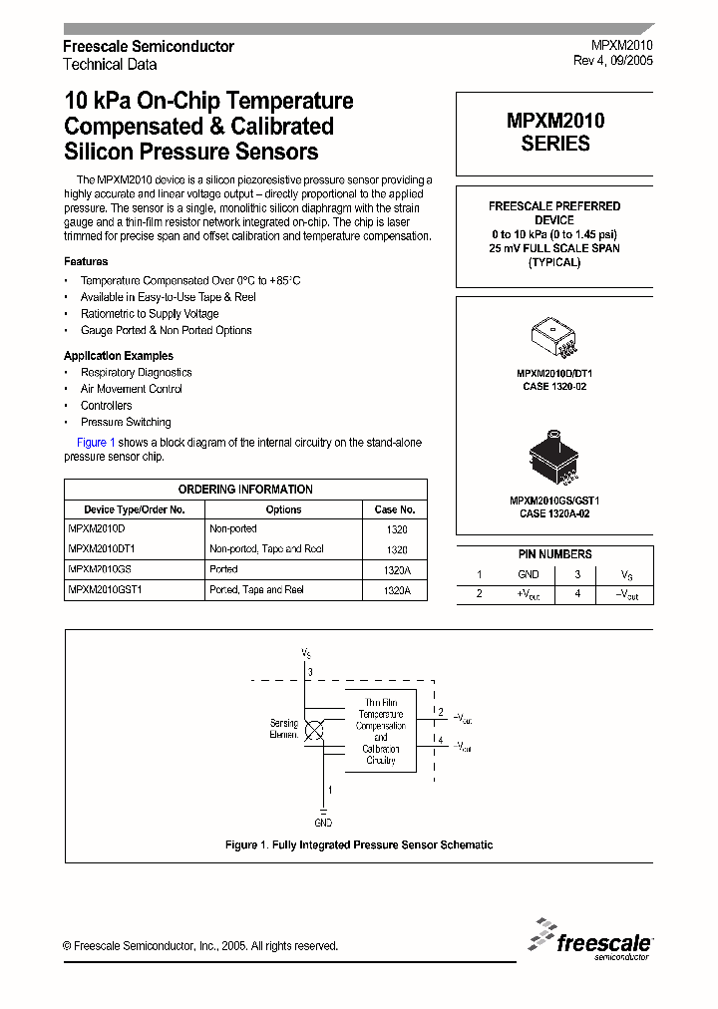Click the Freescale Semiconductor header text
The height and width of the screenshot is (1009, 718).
tap(149, 47)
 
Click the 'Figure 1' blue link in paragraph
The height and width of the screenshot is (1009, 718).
tap(97, 443)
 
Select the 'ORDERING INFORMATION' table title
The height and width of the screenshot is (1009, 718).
tap(245, 490)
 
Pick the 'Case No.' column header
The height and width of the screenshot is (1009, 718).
tap(395, 509)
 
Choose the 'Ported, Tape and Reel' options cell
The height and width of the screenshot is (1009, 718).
tap(256, 590)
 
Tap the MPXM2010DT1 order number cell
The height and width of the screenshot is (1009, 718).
tap(103, 549)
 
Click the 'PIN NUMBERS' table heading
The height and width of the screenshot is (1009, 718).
tap(554, 554)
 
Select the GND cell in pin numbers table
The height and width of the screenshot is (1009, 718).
tap(529, 574)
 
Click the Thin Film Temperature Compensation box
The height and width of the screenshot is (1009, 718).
tap(381, 731)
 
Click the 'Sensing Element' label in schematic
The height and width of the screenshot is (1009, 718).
tap(284, 729)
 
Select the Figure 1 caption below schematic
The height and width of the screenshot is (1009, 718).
tap(359, 845)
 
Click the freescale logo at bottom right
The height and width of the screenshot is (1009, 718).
tap(590, 939)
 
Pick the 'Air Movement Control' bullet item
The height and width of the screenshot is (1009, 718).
tap(132, 389)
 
